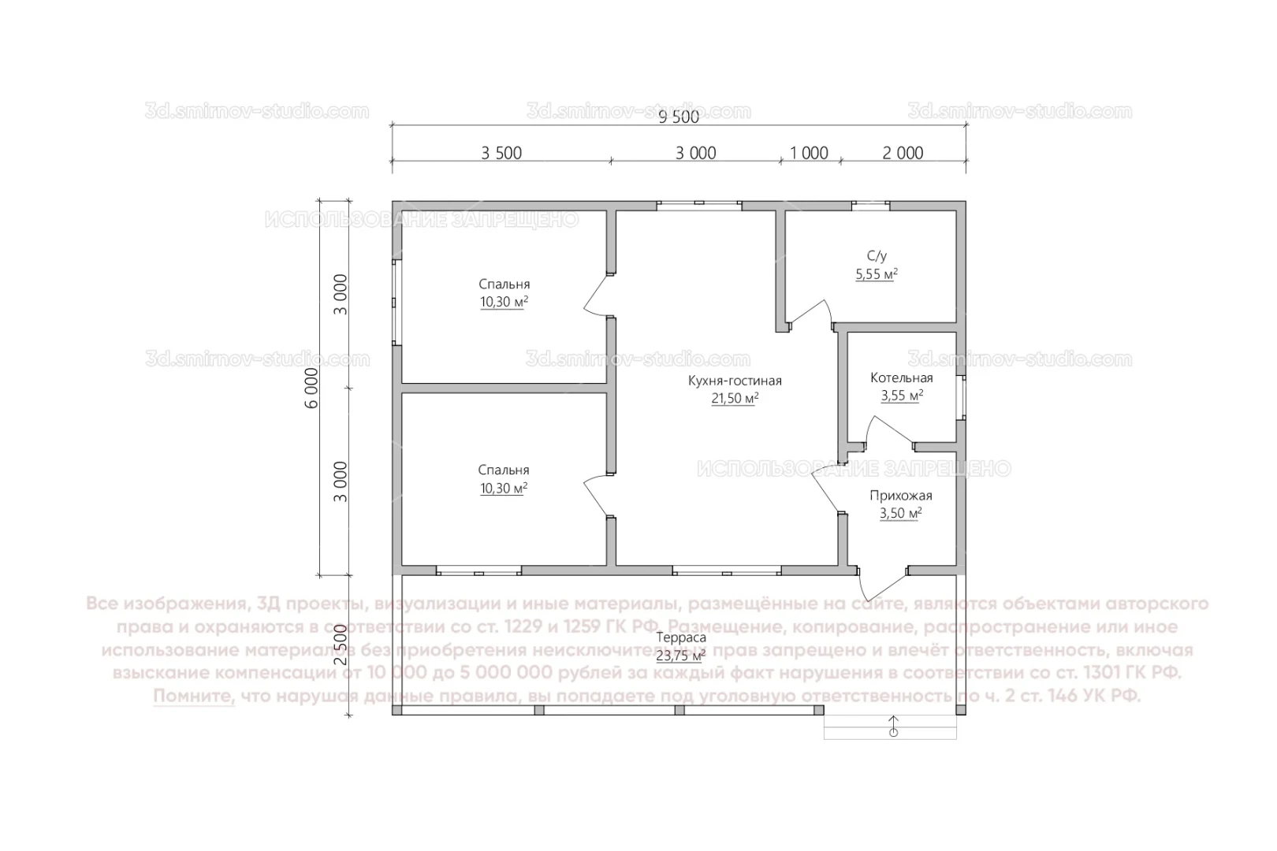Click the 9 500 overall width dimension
pos(678,117)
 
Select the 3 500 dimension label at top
pos(501,153)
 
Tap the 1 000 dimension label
pos(809,153)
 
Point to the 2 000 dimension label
pos(903,153)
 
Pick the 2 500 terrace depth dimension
pos(340,645)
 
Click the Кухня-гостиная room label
pos(734,381)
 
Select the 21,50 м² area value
pos(734,399)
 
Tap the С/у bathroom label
pos(877,256)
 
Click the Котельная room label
pos(901,378)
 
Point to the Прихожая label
pos(900,496)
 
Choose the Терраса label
pos(680,637)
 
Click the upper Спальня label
pos(504,284)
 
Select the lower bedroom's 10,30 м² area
pos(503,489)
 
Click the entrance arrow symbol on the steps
pos(893,726)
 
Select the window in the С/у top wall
pos(870,206)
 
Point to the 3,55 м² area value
pos(901,396)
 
